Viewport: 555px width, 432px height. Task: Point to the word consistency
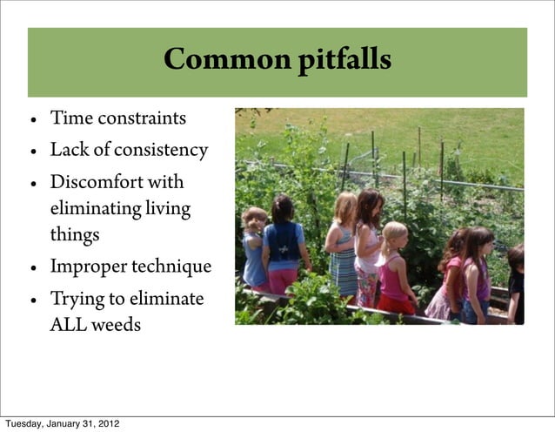coord(163,150)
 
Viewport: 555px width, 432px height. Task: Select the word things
coord(74,235)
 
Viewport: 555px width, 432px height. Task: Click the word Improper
coord(90,267)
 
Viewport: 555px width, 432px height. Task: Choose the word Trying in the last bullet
coord(76,300)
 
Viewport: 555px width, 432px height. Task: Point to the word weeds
coord(117,326)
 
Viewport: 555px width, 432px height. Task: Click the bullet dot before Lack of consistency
coord(32,152)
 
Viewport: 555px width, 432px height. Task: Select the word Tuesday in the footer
coord(23,424)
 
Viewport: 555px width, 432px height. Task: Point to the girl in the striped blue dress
coord(342,253)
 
